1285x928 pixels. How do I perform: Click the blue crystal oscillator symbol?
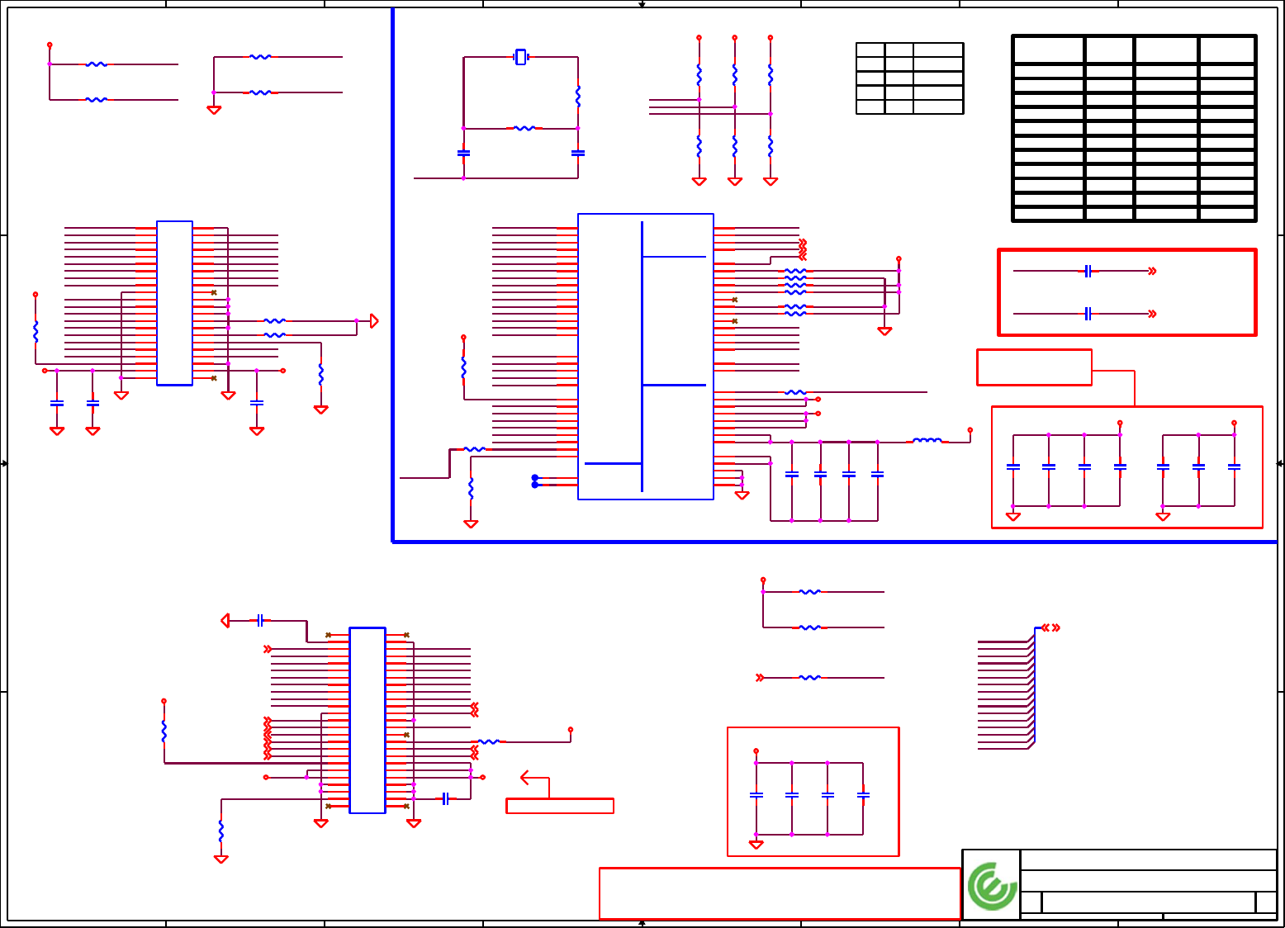(x=520, y=57)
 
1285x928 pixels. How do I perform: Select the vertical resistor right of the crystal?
(x=578, y=96)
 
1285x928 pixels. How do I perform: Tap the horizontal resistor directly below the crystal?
(x=524, y=129)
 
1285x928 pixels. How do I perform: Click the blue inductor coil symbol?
(x=927, y=441)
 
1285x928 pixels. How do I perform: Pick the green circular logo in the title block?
(x=992, y=886)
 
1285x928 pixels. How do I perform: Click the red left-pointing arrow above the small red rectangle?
(x=526, y=778)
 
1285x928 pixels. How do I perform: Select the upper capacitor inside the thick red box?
(x=1088, y=271)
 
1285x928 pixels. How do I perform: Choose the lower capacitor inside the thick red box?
(x=1088, y=314)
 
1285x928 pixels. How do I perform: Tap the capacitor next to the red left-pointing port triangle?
(x=260, y=620)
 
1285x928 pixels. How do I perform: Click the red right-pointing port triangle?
(x=374, y=321)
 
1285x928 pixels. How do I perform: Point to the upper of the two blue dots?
(x=535, y=478)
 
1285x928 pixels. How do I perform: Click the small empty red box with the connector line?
(x=1034, y=367)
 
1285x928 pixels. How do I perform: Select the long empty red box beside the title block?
(x=779, y=893)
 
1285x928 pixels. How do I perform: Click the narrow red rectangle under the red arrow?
(x=560, y=806)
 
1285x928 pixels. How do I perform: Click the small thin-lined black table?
(x=909, y=78)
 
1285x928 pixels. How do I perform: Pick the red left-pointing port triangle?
(x=225, y=620)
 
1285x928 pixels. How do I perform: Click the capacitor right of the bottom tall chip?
(x=445, y=798)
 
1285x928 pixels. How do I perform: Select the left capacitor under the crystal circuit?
(x=463, y=154)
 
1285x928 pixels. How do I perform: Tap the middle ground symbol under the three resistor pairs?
(x=735, y=182)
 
